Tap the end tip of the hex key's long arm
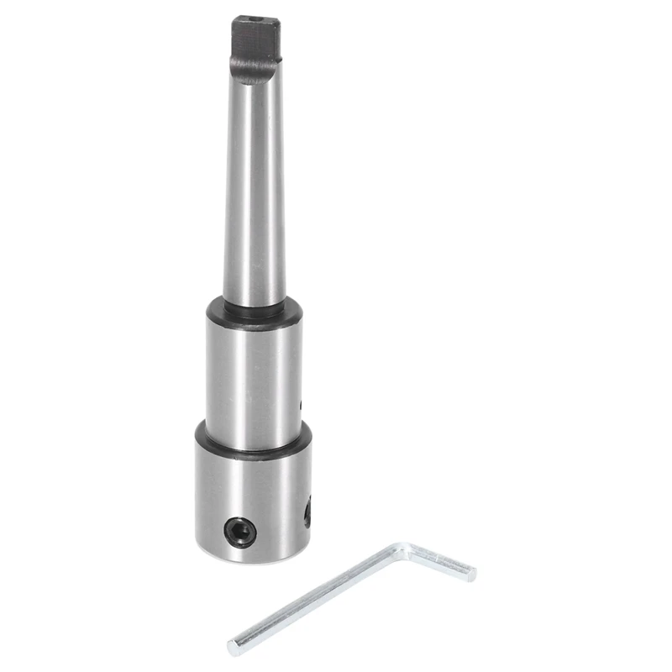[234, 648]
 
